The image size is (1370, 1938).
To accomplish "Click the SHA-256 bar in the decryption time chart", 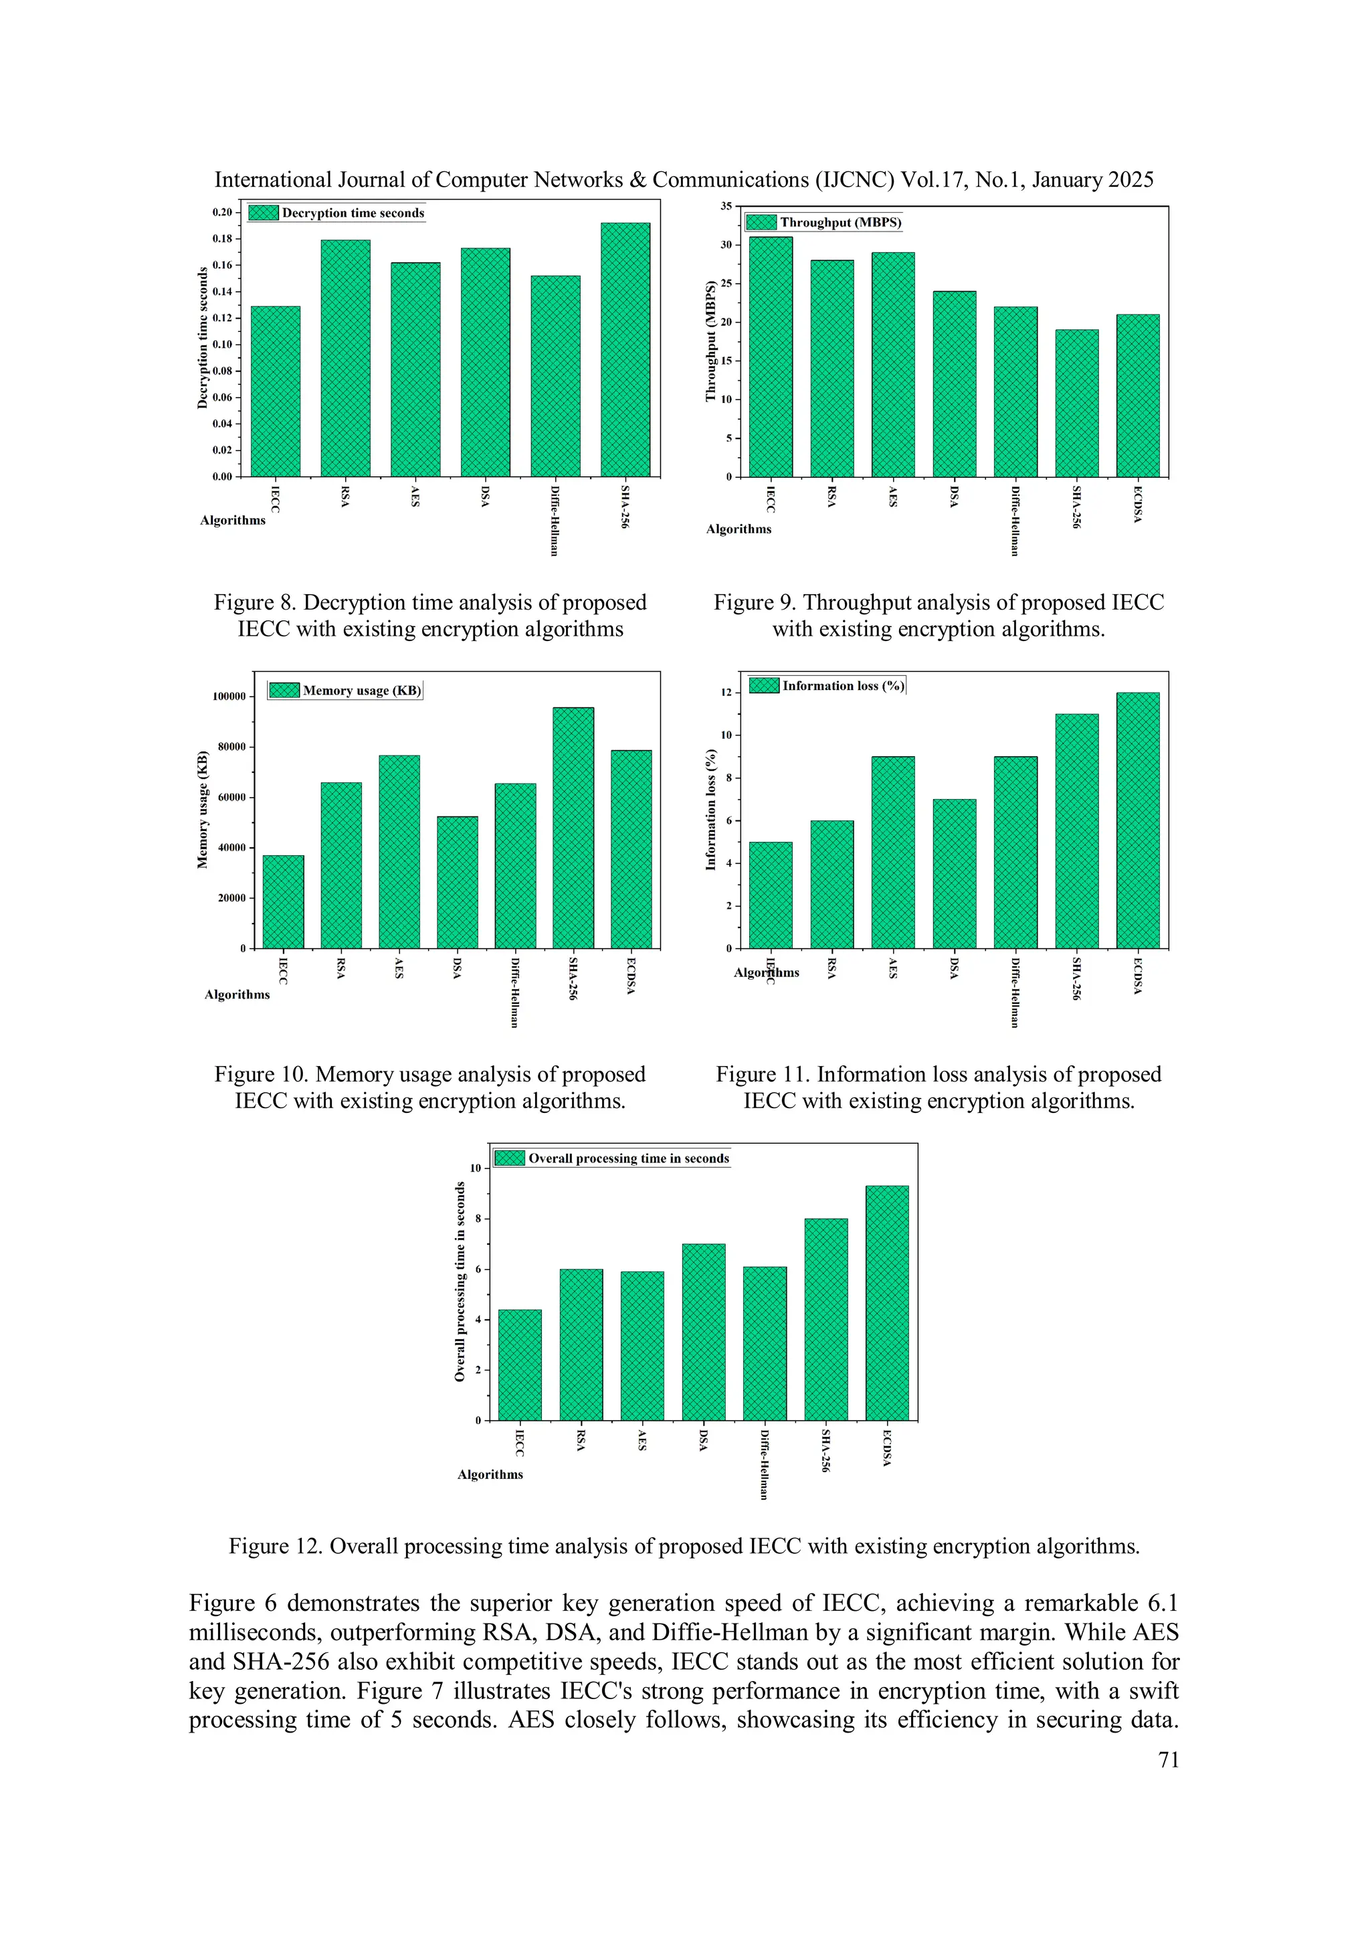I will click(x=625, y=349).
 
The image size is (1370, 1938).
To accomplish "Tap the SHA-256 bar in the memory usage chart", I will click(x=573, y=827).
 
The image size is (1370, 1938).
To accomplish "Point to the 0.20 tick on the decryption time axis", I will click(x=222, y=212).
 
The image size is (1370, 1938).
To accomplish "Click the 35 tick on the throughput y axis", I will click(x=726, y=206).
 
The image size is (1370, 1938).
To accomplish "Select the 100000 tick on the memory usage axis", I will click(x=229, y=697).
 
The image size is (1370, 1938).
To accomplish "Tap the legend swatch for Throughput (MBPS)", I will click(x=762, y=222).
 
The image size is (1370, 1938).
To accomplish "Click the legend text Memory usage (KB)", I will click(x=362, y=691).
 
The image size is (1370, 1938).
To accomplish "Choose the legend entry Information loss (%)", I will click(x=843, y=685).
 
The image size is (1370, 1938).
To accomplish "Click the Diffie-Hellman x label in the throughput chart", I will click(x=1015, y=521).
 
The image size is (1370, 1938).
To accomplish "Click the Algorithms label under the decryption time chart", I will click(x=233, y=520).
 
